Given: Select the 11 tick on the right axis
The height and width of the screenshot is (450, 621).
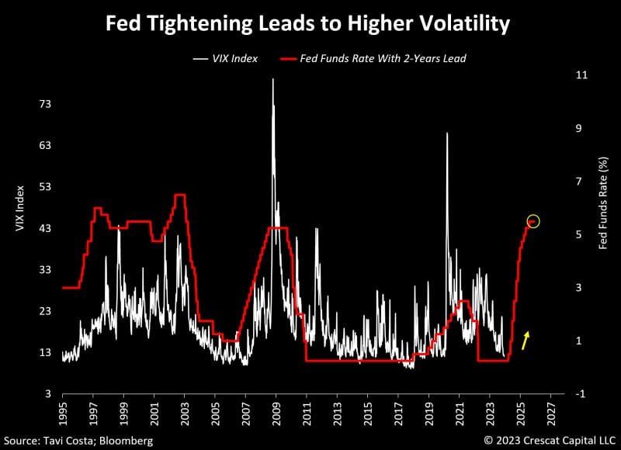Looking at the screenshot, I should (580, 74).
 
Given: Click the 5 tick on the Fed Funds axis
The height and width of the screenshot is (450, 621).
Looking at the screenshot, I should (578, 234).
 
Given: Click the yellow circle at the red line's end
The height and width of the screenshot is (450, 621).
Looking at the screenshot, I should (533, 222).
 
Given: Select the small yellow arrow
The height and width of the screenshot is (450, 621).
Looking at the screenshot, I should (526, 340).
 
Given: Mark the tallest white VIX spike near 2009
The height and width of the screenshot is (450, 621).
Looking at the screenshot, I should (272, 80).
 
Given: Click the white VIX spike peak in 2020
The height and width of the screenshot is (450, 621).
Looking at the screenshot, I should (446, 134).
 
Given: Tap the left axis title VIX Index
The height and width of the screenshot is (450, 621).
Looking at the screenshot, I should (21, 209).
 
